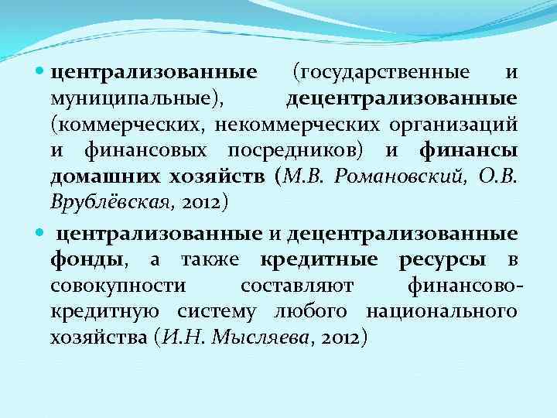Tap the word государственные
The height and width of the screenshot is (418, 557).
pos(380,73)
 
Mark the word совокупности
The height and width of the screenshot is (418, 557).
pos(117,286)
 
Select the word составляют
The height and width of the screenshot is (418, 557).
pos(296,286)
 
